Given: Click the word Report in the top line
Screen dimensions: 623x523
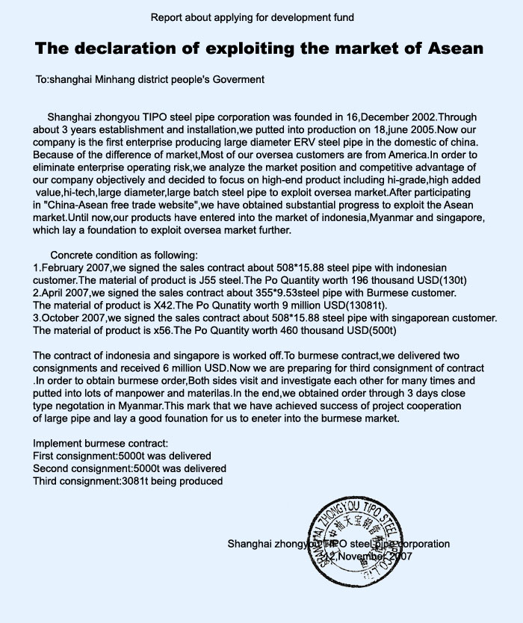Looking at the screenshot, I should (167, 16).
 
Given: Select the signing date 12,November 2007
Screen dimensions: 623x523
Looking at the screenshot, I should (365, 557).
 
